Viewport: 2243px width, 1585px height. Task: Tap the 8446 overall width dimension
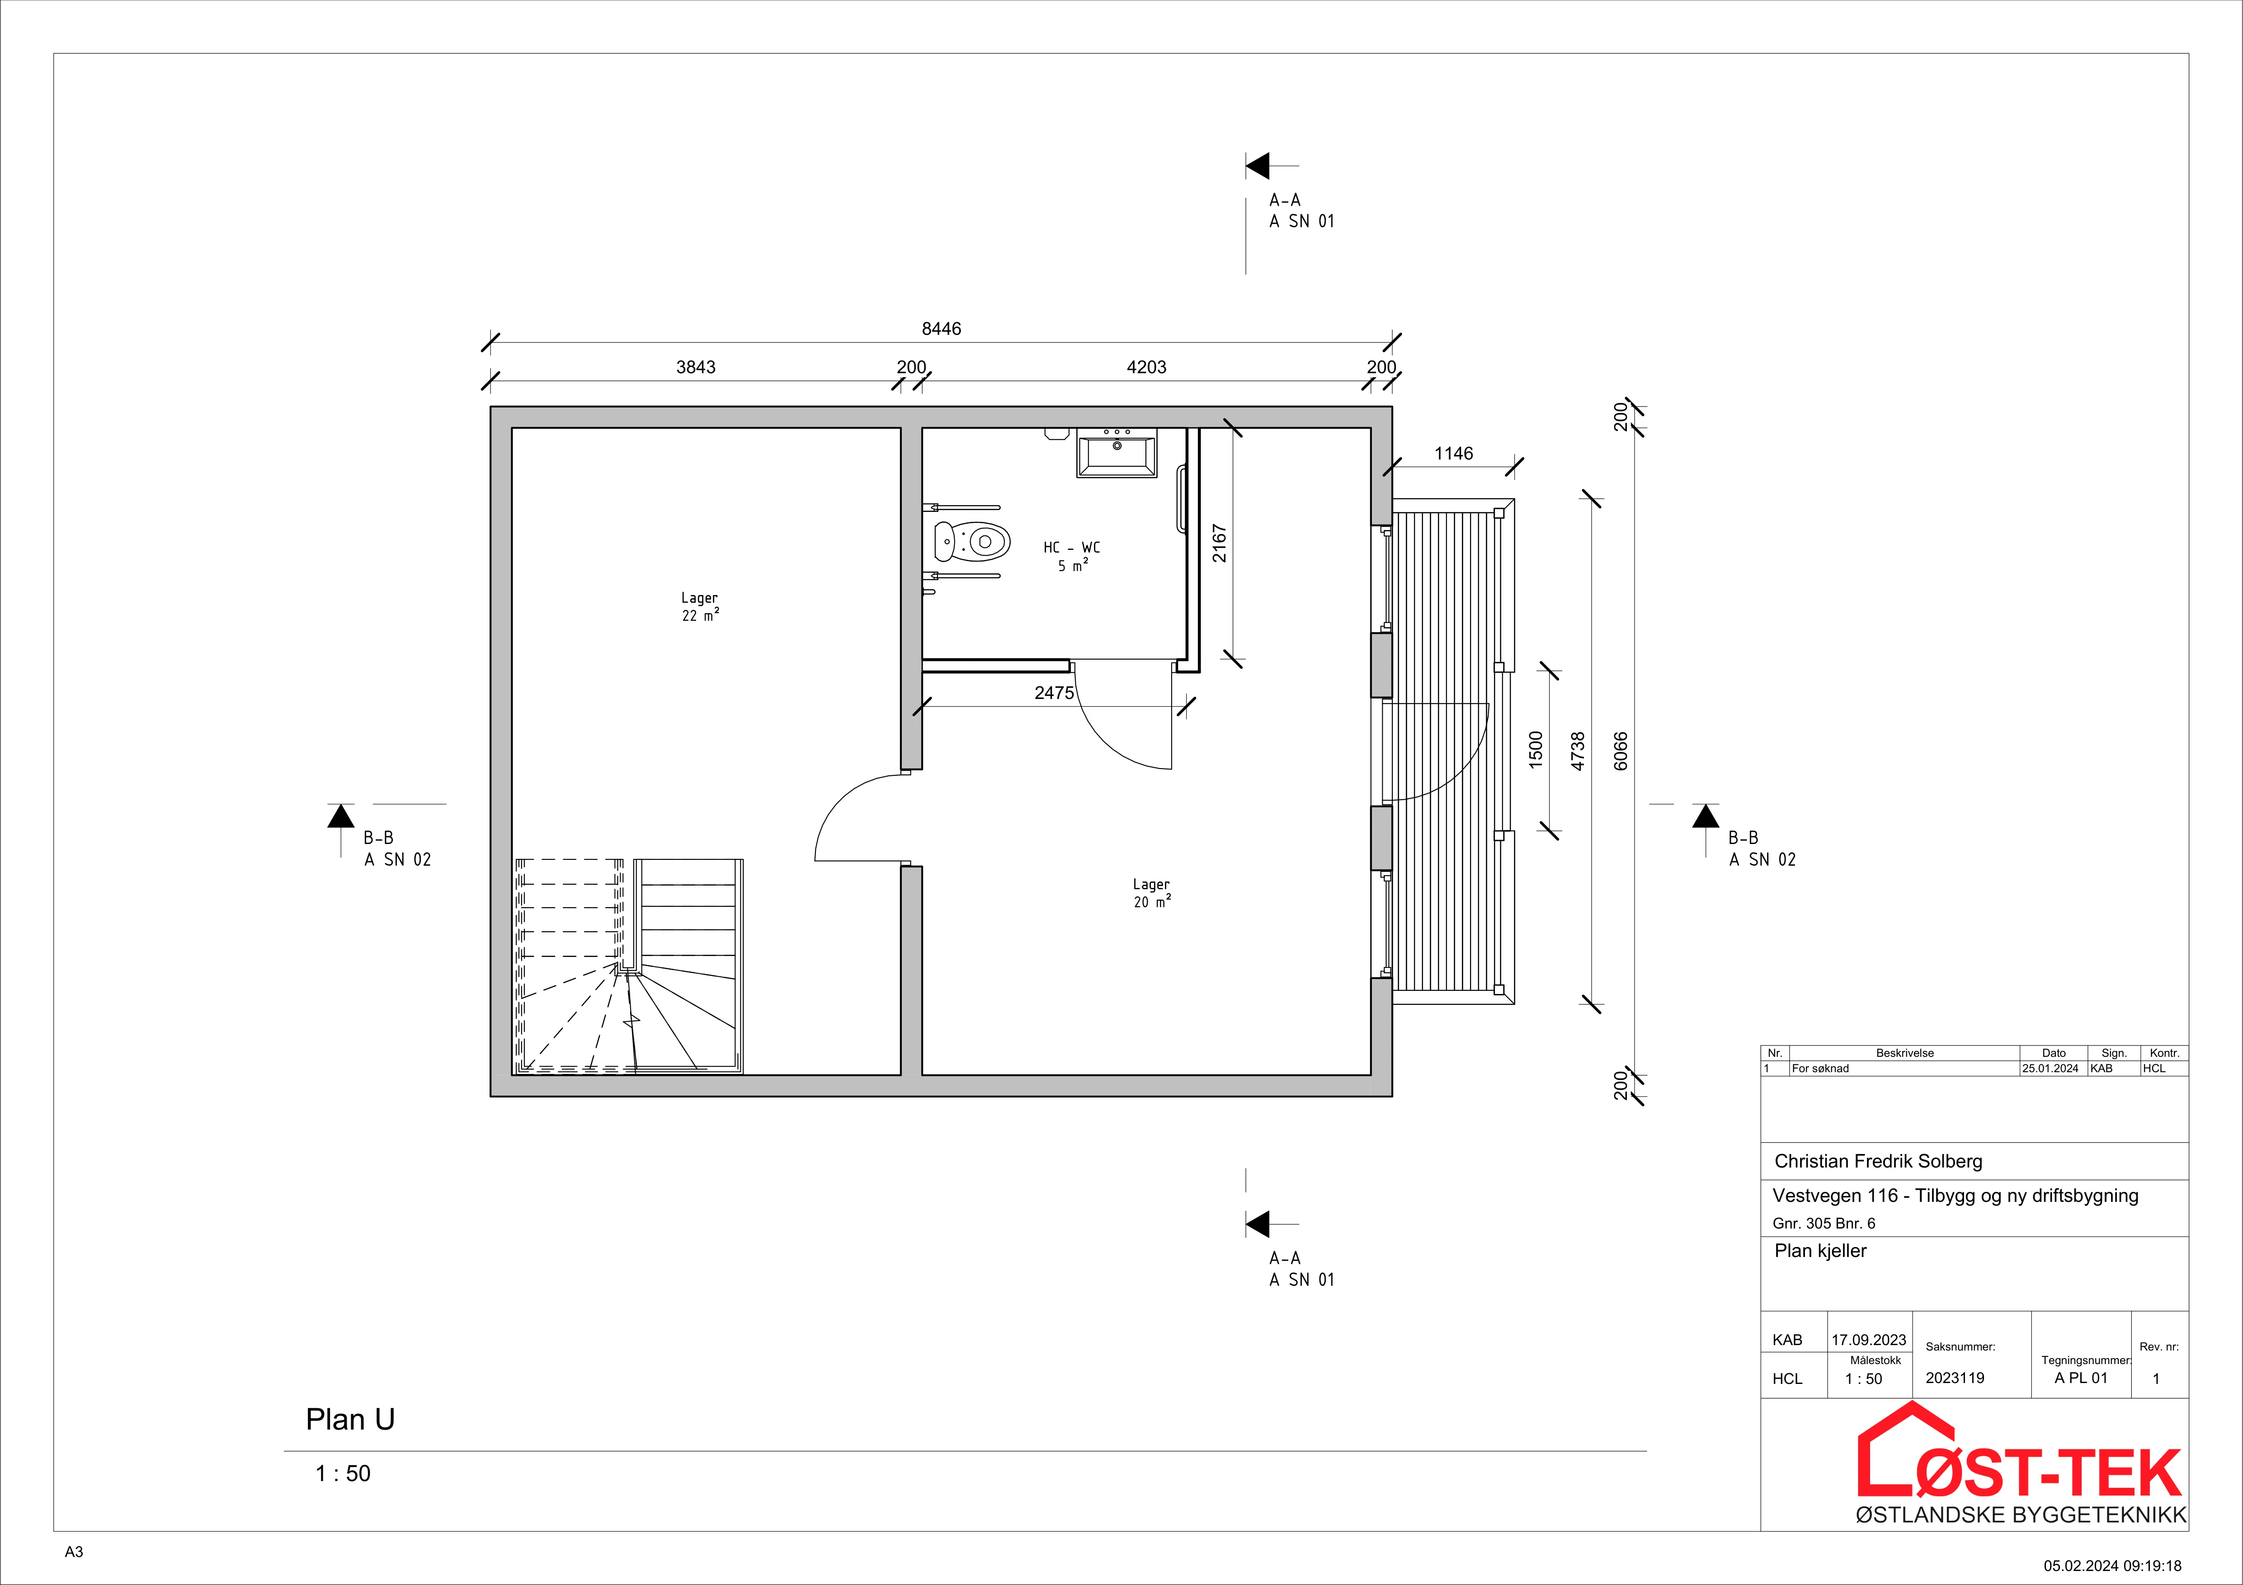(x=942, y=329)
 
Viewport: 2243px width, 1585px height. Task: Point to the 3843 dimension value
(x=696, y=367)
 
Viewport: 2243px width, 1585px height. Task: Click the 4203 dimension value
(x=1147, y=367)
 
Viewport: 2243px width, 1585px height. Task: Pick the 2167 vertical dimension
(x=1219, y=543)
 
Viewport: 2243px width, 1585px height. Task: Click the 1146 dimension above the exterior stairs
(x=1454, y=453)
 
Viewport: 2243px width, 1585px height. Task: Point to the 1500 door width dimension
(x=1536, y=750)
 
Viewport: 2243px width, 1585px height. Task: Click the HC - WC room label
(x=1072, y=548)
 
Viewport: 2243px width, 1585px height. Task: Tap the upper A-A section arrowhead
(x=1257, y=166)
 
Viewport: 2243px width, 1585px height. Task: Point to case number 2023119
(x=1955, y=1378)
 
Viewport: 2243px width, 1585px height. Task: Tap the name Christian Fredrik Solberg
(x=1878, y=1161)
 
